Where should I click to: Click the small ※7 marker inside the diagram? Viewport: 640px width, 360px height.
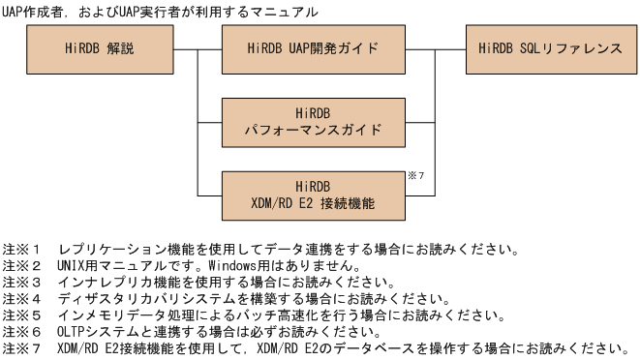(x=412, y=176)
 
